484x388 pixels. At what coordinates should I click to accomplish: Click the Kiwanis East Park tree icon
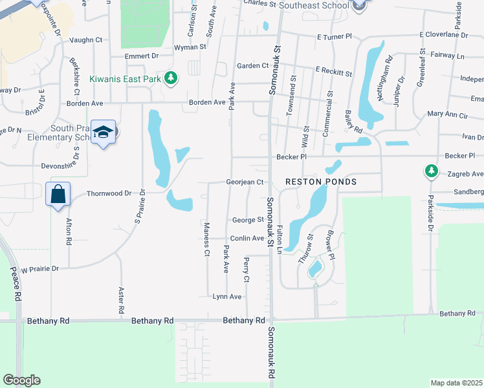[171, 78]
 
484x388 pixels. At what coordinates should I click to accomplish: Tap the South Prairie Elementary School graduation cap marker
[104, 133]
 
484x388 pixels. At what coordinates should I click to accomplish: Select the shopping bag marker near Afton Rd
[58, 193]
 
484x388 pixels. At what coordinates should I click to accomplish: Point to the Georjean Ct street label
[245, 182]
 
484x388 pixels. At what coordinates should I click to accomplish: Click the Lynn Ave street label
[227, 297]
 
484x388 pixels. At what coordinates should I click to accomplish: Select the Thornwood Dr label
[109, 193]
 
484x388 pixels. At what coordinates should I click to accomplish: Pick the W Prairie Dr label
[40, 268]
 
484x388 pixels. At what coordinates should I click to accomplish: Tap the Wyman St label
[190, 47]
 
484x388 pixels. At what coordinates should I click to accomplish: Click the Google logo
[22, 380]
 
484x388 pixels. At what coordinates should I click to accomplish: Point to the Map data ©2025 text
[456, 383]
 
